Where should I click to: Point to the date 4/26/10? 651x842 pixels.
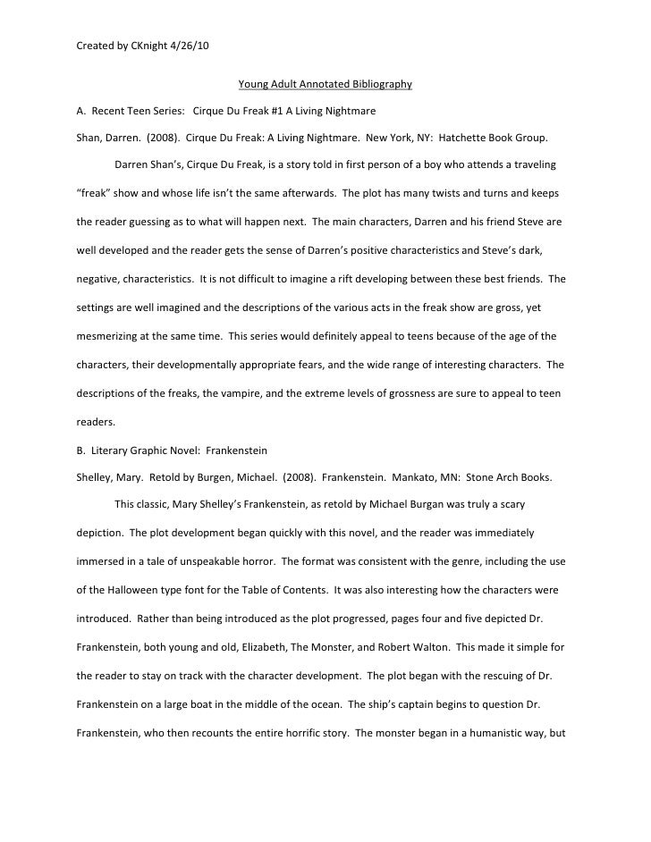[x=184, y=46]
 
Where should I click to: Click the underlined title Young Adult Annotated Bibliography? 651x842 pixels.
[x=325, y=85]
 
